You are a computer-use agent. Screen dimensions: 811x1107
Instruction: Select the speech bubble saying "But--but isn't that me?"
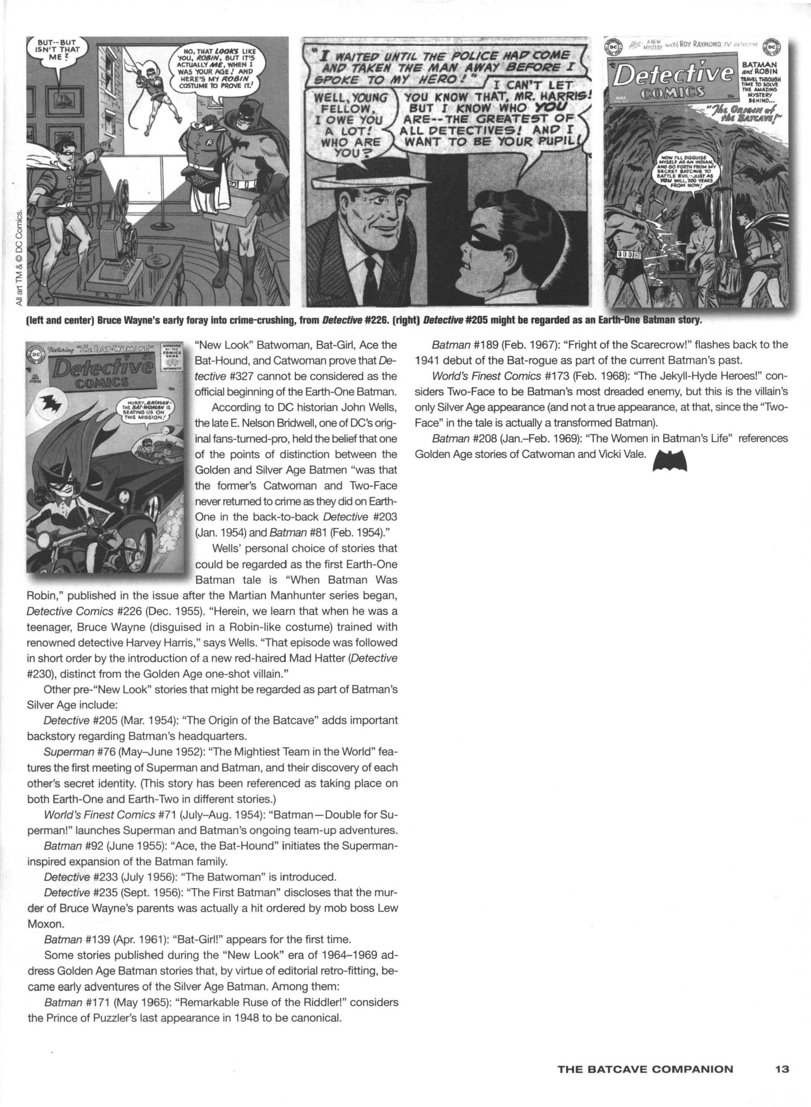pos(56,52)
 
